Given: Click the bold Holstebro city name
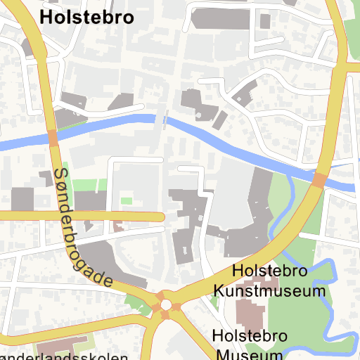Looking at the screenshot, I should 87,18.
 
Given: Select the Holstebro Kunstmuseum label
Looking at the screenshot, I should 271,280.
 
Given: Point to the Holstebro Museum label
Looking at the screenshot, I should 250,345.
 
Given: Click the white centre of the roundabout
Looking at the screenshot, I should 167,306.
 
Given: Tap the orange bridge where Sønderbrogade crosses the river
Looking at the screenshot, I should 53,138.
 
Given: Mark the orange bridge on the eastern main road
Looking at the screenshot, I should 319,181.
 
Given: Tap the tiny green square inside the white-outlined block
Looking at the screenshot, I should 127,201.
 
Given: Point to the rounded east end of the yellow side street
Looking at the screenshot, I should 160,217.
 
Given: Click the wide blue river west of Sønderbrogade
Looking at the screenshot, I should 21,143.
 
